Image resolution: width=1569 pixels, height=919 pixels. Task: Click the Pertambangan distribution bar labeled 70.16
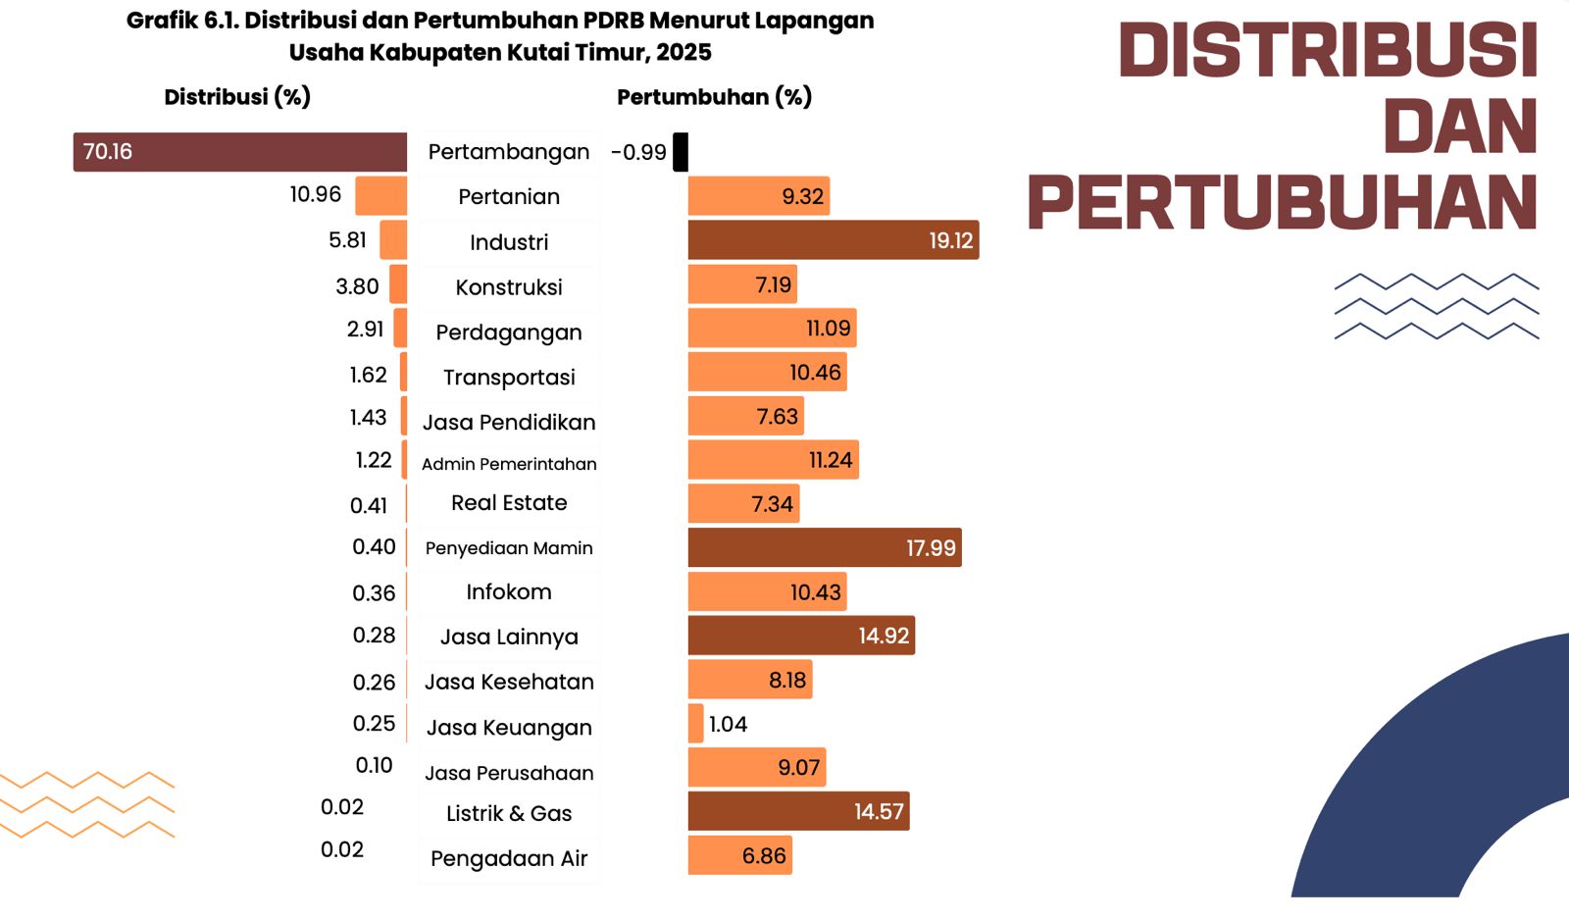pyautogui.click(x=240, y=152)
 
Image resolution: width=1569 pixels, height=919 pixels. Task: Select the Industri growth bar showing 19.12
pyautogui.click(x=834, y=240)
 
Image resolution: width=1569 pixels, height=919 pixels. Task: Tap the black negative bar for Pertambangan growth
pyautogui.click(x=681, y=152)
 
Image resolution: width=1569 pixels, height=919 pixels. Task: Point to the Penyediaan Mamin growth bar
pyautogui.click(x=825, y=547)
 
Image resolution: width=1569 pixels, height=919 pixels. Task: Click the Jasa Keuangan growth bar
pyautogui.click(x=696, y=723)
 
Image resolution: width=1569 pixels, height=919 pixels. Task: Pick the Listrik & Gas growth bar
pyautogui.click(x=798, y=811)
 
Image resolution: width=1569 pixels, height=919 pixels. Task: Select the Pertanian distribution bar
pyautogui.click(x=380, y=196)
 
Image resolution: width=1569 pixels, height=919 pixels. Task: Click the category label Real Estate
pyautogui.click(x=509, y=503)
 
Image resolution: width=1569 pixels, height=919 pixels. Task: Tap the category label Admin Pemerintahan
pyautogui.click(x=509, y=464)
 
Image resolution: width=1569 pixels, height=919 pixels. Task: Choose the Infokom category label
pyautogui.click(x=509, y=592)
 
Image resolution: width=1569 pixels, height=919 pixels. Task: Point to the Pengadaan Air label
pyautogui.click(x=509, y=859)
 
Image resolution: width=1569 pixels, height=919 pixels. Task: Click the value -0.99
pyautogui.click(x=638, y=153)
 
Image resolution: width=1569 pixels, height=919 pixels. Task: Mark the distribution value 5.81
pyautogui.click(x=347, y=240)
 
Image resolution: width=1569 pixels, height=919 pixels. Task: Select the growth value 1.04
pyautogui.click(x=728, y=724)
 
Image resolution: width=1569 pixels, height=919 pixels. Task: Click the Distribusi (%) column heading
pyautogui.click(x=237, y=97)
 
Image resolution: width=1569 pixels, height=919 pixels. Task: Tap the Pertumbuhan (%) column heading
pyautogui.click(x=714, y=97)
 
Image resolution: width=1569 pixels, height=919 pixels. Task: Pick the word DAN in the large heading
pyautogui.click(x=1460, y=128)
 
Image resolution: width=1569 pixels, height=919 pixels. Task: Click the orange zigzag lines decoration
pyautogui.click(x=86, y=804)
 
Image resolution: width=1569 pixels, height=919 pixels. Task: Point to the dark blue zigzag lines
pyautogui.click(x=1437, y=306)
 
